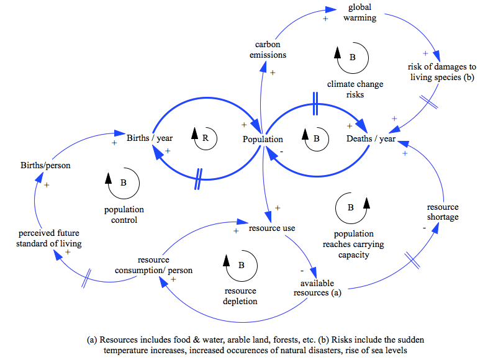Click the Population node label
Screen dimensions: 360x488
coord(263,139)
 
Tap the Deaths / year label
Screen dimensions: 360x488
coord(371,138)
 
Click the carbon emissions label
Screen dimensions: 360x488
coord(268,50)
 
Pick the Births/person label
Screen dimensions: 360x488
coord(45,165)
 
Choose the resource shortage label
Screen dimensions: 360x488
coord(443,212)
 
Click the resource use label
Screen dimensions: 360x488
coord(272,228)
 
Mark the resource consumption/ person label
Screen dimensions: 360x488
coord(165,265)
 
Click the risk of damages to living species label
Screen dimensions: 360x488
coord(442,71)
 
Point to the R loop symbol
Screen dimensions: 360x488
coord(206,138)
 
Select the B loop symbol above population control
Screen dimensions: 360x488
coord(124,182)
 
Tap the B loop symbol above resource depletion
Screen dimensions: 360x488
coord(240,264)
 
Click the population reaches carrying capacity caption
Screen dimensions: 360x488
coord(359,244)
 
